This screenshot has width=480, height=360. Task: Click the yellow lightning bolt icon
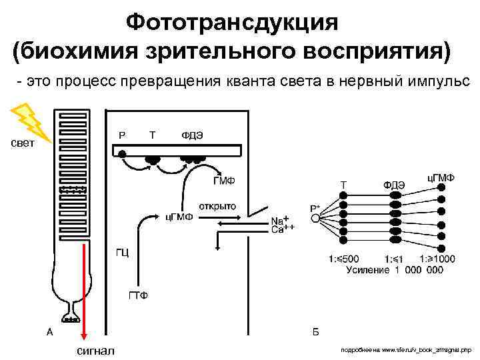tap(26, 122)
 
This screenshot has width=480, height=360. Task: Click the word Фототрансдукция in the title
tap(232, 22)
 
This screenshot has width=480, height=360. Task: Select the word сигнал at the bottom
tap(95, 351)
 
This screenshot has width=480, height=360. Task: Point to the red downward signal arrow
tap(83, 287)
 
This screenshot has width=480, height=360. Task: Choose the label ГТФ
tap(138, 295)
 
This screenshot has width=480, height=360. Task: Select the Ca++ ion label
tap(283, 229)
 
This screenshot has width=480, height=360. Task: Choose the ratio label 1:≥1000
tap(437, 259)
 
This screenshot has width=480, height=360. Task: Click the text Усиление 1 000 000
tap(395, 270)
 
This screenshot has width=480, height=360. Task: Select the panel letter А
tap(49, 331)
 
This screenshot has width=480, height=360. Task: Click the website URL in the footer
tap(405, 349)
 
